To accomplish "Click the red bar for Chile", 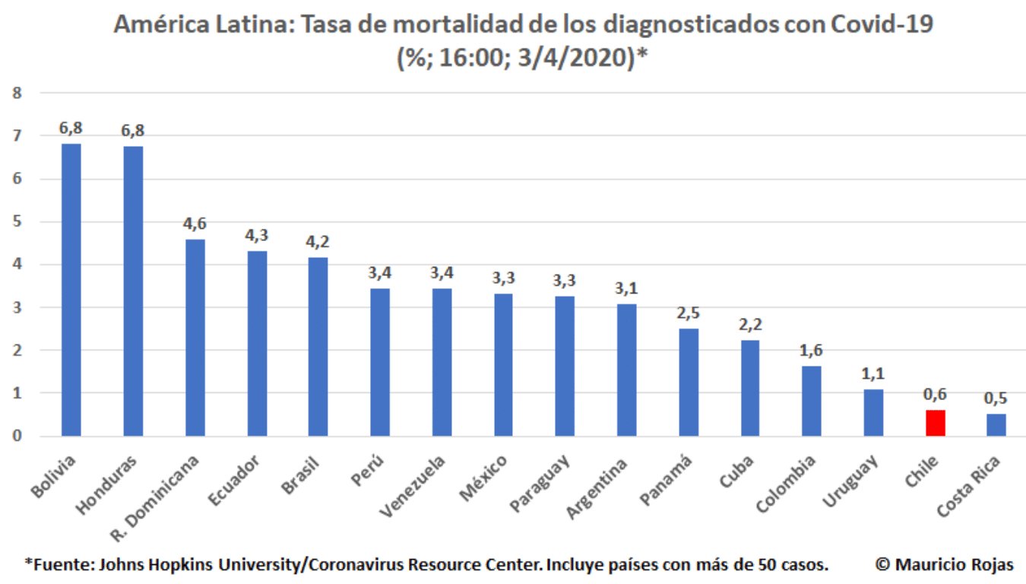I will (935, 423).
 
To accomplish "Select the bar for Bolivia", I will (71, 289).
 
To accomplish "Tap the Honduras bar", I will (133, 290).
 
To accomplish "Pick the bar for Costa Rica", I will (996, 425).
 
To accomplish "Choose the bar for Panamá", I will (689, 382).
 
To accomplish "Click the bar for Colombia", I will (812, 401).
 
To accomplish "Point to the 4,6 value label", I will (195, 224).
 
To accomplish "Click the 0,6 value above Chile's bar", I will (935, 394).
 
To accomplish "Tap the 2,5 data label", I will (689, 313).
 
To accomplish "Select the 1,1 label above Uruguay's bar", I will (873, 373).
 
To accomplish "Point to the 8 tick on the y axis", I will (17, 94).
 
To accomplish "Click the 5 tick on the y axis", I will (17, 222).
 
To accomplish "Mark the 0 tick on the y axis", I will (17, 436).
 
